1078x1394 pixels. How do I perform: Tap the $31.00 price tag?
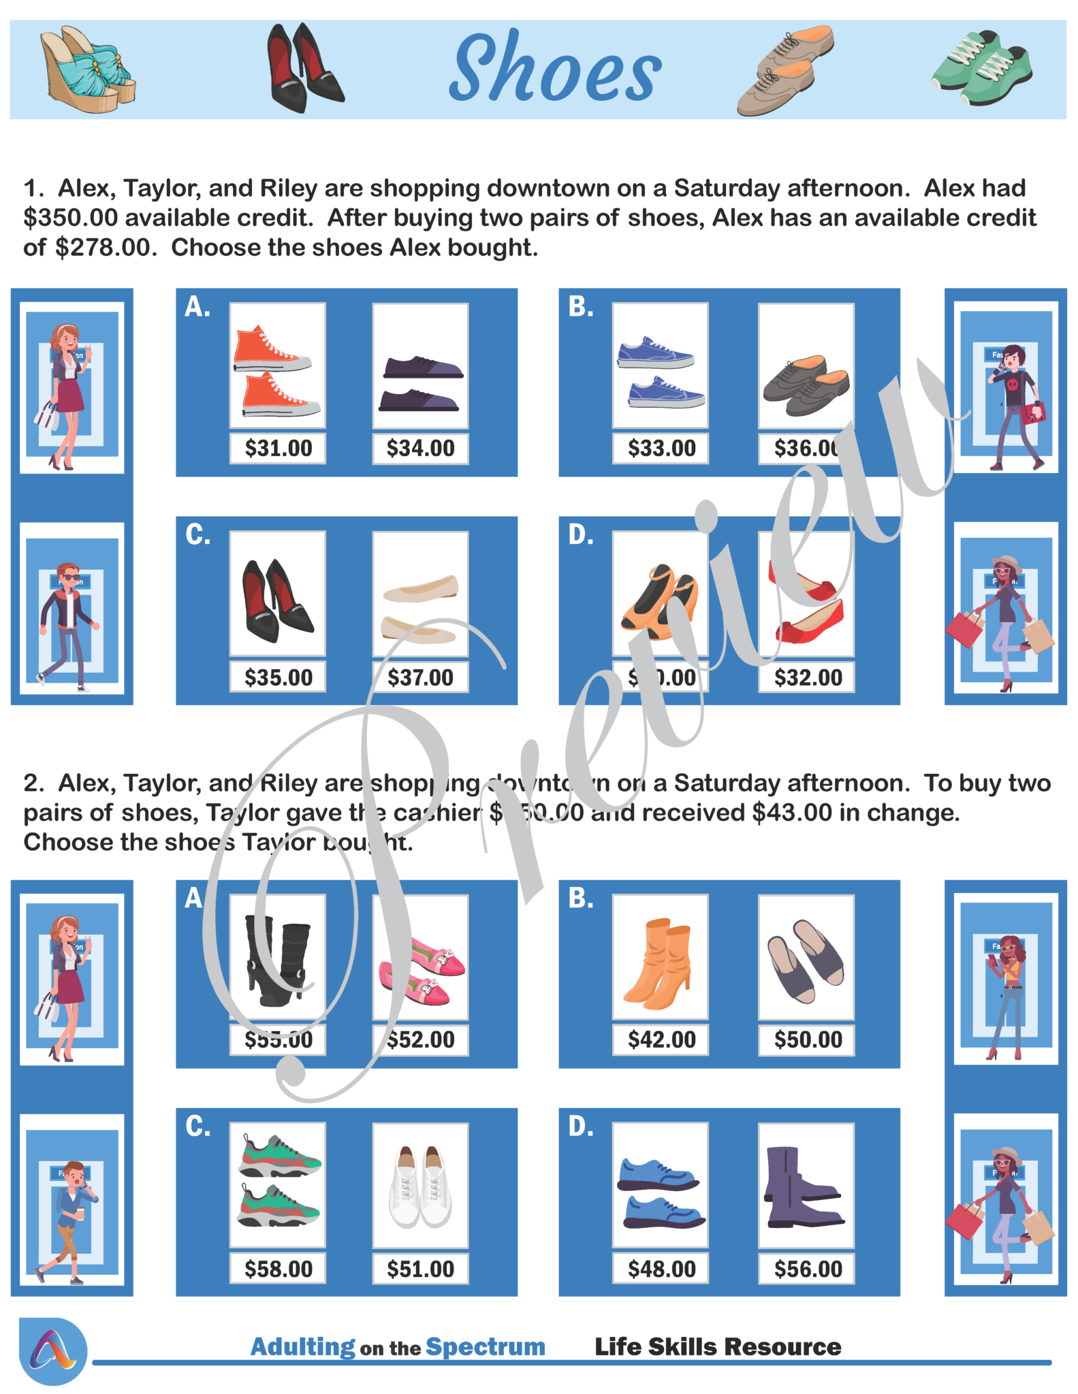point(278,449)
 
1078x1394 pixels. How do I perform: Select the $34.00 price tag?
point(420,449)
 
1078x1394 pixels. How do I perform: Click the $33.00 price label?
point(661,449)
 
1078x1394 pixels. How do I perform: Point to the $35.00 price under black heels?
point(278,677)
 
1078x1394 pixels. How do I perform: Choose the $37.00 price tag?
point(420,677)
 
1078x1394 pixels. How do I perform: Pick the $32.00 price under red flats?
point(808,677)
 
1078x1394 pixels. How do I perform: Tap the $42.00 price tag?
point(661,1039)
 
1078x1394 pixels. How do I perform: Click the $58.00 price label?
point(278,1269)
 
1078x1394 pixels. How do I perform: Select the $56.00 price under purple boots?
point(808,1269)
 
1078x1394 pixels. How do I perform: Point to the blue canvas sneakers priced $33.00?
point(659,372)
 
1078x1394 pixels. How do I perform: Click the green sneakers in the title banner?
point(981,67)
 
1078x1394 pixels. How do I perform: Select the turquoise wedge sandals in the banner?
point(87,69)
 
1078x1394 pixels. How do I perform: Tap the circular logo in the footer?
point(53,1351)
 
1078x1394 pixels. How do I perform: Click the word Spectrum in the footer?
point(485,1347)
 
